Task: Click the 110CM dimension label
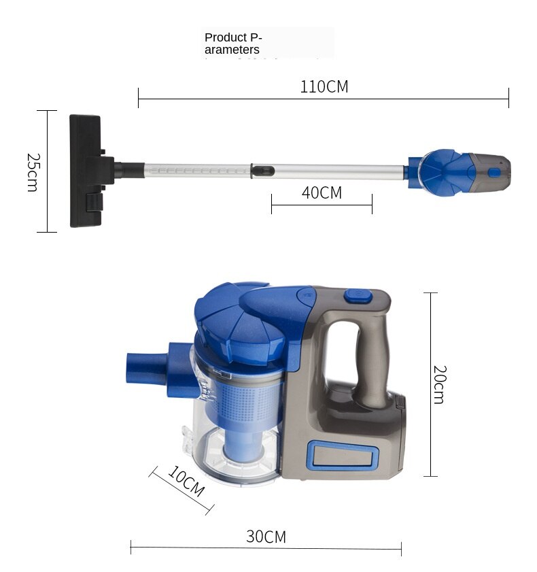[324, 87]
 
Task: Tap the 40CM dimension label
[322, 192]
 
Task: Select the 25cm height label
[33, 172]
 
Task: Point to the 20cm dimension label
[440, 384]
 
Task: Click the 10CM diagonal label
[186, 481]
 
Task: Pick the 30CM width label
[266, 537]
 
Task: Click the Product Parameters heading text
[233, 44]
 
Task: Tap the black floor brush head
[86, 171]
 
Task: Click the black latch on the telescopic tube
[263, 170]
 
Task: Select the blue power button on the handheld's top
[358, 295]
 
